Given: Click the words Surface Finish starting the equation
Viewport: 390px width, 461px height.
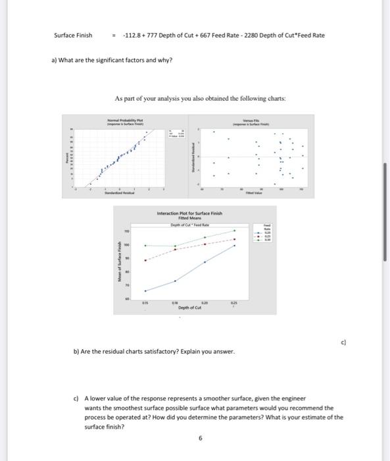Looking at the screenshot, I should tap(73, 35).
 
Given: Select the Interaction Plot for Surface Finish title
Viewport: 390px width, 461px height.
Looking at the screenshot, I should tap(190, 213).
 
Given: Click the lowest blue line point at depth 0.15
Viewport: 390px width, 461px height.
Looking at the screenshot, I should tap(145, 290).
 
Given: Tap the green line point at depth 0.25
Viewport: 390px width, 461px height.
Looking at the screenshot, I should tap(235, 231).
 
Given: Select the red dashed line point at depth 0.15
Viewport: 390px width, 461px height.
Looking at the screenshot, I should tap(145, 259).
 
